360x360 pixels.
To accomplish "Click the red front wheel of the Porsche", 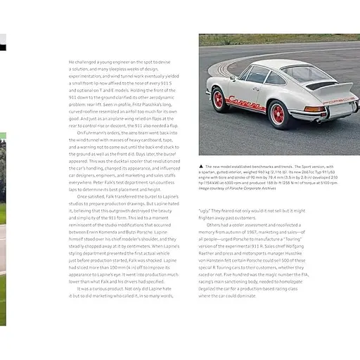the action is [218, 99].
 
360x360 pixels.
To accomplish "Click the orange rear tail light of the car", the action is [315, 109].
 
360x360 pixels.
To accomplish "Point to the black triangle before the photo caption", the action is [202, 166].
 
